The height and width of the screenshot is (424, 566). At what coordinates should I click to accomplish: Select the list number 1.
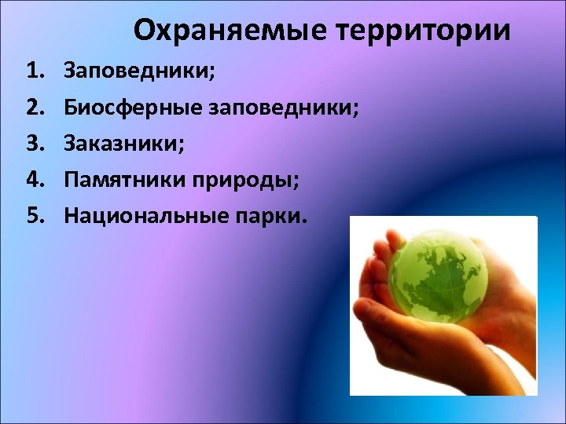pyautogui.click(x=35, y=72)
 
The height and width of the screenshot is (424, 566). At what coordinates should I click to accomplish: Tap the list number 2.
pyautogui.click(x=35, y=108)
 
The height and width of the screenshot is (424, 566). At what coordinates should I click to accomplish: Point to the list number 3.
pyautogui.click(x=35, y=143)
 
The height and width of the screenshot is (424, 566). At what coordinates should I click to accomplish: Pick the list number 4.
pyautogui.click(x=35, y=178)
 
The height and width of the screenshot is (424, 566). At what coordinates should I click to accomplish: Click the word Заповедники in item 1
pyautogui.click(x=137, y=72)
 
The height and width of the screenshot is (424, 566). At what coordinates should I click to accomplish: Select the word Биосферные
pyautogui.click(x=134, y=108)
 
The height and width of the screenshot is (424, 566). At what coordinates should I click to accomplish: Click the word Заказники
pyautogui.click(x=119, y=143)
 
